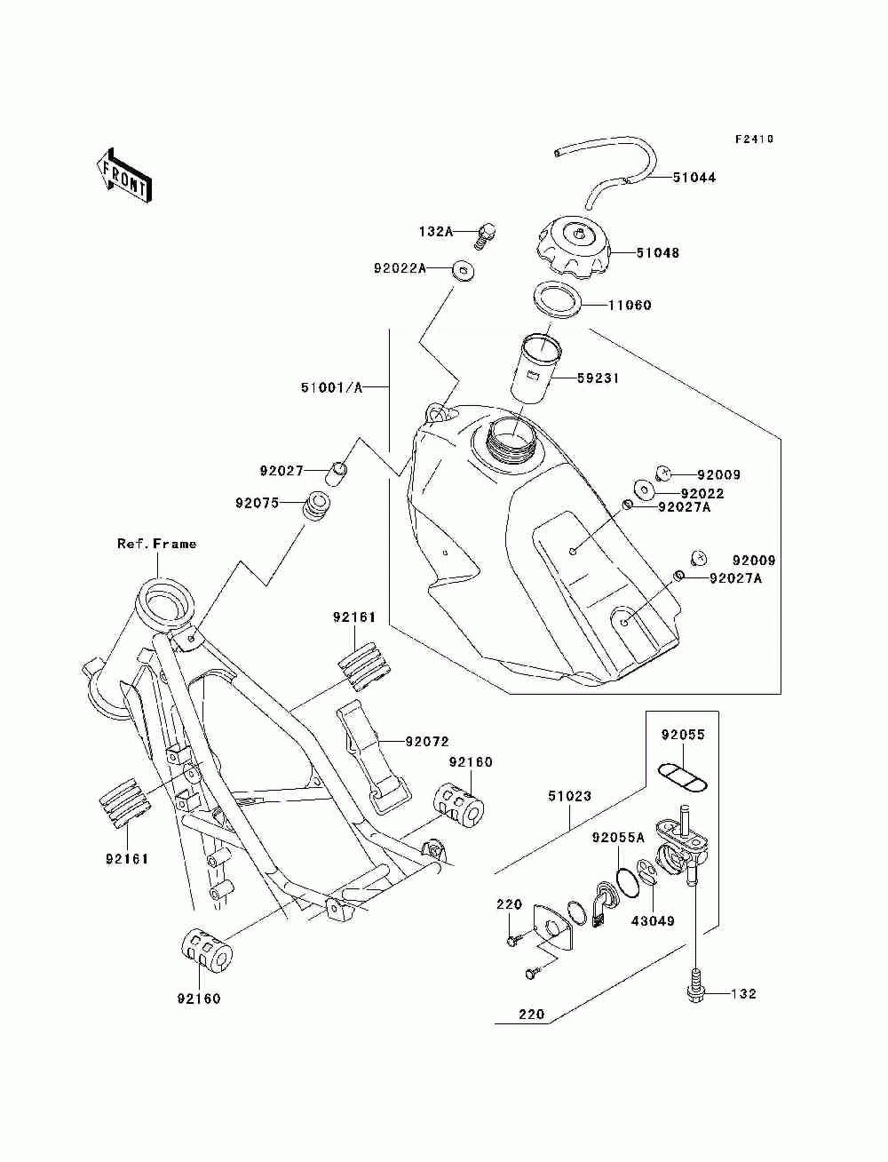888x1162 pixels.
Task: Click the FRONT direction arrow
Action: click(x=123, y=175)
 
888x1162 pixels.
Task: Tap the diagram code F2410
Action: click(x=754, y=139)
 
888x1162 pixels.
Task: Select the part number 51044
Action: click(x=694, y=178)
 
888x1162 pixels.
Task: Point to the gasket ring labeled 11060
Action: click(x=557, y=300)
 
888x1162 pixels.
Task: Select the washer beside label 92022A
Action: click(x=463, y=272)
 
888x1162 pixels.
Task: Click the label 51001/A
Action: click(x=331, y=387)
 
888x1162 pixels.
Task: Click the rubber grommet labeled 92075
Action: click(x=316, y=507)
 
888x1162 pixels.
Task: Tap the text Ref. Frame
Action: click(x=156, y=544)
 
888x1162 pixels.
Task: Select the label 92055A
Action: click(x=619, y=838)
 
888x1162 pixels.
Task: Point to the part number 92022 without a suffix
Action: click(x=702, y=493)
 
